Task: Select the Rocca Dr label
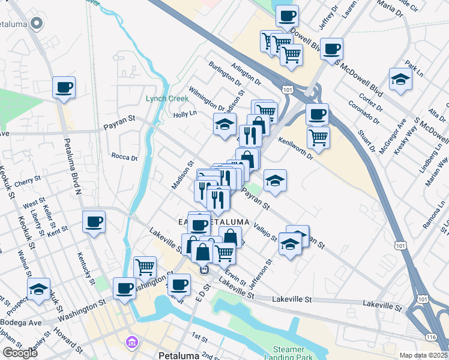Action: pos(124,157)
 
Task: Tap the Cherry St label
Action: pos(28,179)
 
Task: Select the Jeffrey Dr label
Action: pos(330,18)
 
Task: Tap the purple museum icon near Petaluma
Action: pos(131,343)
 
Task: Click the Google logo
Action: pos(20,353)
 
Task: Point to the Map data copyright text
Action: pos(424,355)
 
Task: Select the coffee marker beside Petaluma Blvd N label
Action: pos(64,88)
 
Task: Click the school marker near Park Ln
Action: pos(400,79)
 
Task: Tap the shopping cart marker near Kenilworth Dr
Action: pos(318,136)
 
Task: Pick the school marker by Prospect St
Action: pos(38,289)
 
